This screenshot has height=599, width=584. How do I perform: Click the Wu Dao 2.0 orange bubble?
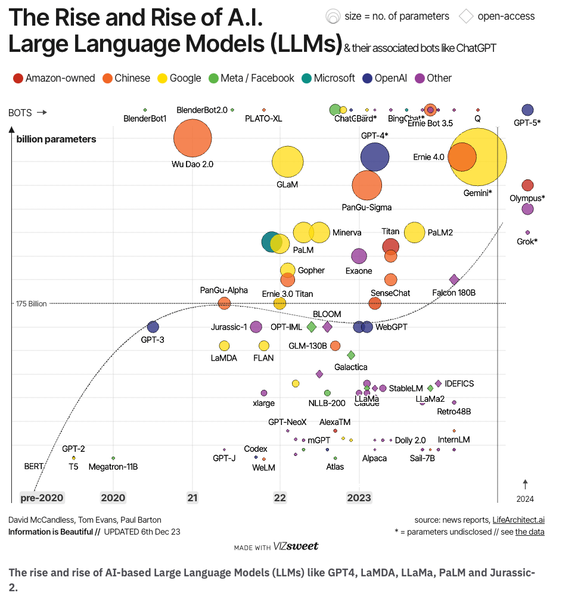[192, 139]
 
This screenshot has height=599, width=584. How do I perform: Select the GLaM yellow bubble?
[288, 162]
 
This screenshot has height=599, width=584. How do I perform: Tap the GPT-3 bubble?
[153, 327]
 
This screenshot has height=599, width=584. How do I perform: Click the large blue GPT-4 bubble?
[375, 157]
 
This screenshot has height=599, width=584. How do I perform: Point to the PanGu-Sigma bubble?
[366, 185]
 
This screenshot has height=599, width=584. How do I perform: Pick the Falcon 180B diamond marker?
[454, 280]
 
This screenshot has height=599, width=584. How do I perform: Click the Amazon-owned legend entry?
[54, 78]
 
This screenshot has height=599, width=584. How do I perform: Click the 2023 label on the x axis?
[359, 498]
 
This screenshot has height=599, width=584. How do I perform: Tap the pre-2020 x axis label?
[42, 498]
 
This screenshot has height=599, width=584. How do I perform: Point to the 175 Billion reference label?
[31, 304]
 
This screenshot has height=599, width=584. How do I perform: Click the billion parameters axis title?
[56, 139]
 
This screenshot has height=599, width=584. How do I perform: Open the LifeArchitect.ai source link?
[518, 520]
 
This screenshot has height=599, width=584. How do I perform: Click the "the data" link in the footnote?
[530, 532]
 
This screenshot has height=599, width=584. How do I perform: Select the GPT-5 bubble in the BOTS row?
[527, 110]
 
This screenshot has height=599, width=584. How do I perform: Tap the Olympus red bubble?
[527, 185]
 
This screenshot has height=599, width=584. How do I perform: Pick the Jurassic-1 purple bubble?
[256, 327]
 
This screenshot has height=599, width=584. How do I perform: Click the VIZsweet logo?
[297, 546]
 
